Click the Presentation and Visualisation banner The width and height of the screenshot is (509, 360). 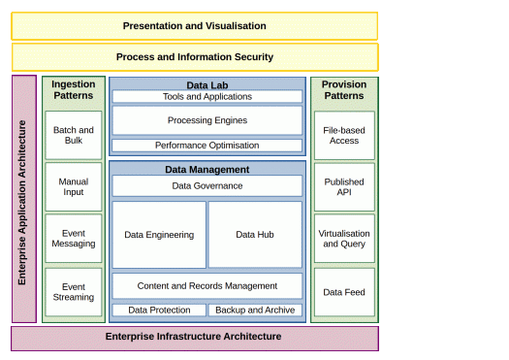click(x=195, y=26)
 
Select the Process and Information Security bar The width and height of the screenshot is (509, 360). click(x=195, y=57)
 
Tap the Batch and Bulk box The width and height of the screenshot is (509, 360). click(x=74, y=135)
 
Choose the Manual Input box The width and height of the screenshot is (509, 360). click(x=74, y=187)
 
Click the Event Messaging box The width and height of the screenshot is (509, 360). click(x=74, y=238)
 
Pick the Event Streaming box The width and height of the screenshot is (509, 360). click(x=74, y=292)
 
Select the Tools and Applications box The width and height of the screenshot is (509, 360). click(x=207, y=96)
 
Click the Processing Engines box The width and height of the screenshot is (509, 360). click(x=207, y=120)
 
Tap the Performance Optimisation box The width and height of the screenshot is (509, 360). click(x=207, y=146)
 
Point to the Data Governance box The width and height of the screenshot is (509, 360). click(x=207, y=186)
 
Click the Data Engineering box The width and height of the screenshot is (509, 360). click(x=159, y=235)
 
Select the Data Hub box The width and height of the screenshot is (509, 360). click(x=255, y=235)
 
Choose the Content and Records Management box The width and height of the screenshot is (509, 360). click(x=207, y=286)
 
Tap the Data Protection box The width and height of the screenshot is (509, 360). click(x=159, y=310)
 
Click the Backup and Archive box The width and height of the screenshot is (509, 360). click(x=255, y=310)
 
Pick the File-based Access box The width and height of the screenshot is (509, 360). click(x=344, y=136)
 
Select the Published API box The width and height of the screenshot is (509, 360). click(x=344, y=187)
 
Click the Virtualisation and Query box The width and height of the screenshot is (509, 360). click(x=344, y=239)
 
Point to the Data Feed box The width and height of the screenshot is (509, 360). click(x=344, y=292)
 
